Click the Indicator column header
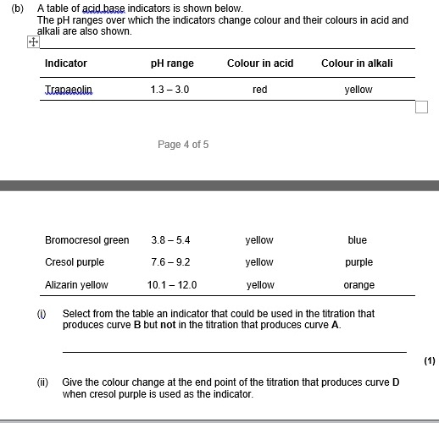(66, 63)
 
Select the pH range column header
(172, 63)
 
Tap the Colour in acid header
(260, 63)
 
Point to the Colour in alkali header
(357, 63)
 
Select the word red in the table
(260, 90)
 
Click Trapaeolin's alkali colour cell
(358, 90)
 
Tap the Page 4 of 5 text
(183, 145)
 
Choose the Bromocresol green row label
(87, 240)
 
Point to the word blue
(358, 240)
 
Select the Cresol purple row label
(75, 262)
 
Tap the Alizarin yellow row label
(76, 285)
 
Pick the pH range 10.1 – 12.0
(172, 285)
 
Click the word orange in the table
(359, 285)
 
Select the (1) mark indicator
(430, 361)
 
